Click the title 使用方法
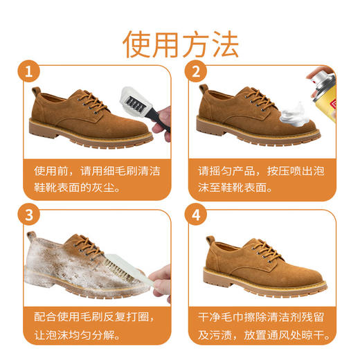tap(181, 43)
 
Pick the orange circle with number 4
tap(196, 215)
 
